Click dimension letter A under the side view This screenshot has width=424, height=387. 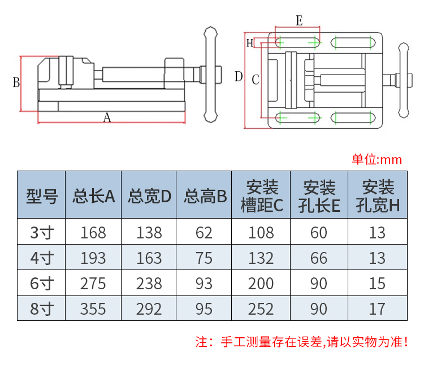pyautogui.click(x=107, y=118)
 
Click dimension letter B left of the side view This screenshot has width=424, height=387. pyautogui.click(x=16, y=82)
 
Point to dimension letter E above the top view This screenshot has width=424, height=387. pyautogui.click(x=299, y=21)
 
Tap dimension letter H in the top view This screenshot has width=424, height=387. pyautogui.click(x=249, y=42)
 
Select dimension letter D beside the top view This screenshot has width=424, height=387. pyautogui.click(x=239, y=76)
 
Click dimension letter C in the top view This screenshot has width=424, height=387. pyautogui.click(x=256, y=80)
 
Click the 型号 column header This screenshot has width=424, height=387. pyautogui.click(x=42, y=195)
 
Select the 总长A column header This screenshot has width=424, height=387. pyautogui.click(x=93, y=195)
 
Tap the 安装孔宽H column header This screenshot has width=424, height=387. pyautogui.click(x=378, y=195)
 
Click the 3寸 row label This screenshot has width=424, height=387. pyautogui.click(x=42, y=232)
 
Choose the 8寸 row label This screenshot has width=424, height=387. pyautogui.click(x=42, y=308)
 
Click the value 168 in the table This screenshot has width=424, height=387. pyautogui.click(x=93, y=232)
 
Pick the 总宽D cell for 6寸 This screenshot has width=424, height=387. pyautogui.click(x=149, y=283)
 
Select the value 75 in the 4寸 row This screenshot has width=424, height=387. pyautogui.click(x=204, y=258)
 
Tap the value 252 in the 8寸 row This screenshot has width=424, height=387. pyautogui.click(x=261, y=308)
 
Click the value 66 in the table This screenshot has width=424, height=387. pyautogui.click(x=319, y=258)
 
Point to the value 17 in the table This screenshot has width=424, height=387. pyautogui.click(x=377, y=308)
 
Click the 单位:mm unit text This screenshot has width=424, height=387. pyautogui.click(x=377, y=159)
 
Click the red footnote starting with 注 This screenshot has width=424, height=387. pyautogui.click(x=301, y=342)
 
